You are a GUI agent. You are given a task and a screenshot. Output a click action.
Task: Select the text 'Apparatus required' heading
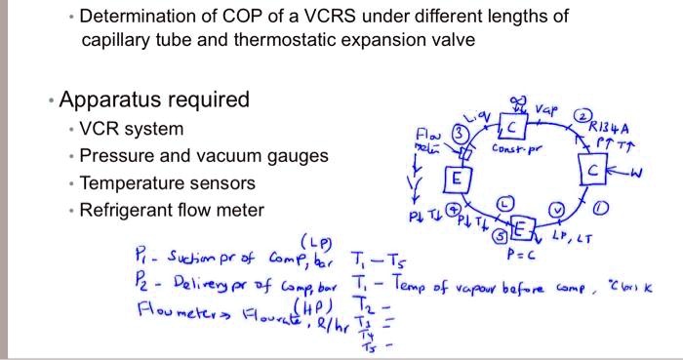(154, 100)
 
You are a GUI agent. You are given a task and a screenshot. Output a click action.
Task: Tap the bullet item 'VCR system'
(132, 129)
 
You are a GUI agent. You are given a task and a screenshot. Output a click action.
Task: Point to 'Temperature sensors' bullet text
(167, 183)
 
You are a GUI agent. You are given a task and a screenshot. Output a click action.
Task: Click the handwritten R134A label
(606, 127)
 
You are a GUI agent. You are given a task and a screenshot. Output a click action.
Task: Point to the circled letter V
(557, 208)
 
